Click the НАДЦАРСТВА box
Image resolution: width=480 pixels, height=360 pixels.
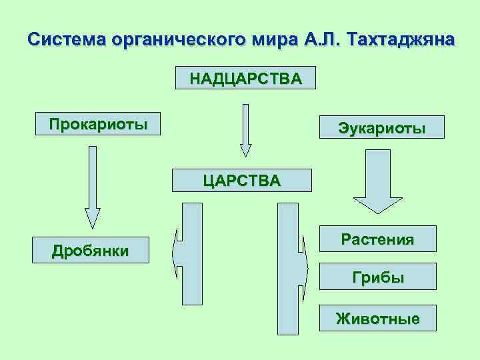[245, 78]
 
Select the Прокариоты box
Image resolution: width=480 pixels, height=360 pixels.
[98, 123]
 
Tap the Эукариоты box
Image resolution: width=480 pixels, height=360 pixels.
[382, 127]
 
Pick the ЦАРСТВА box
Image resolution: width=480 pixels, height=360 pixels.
[241, 180]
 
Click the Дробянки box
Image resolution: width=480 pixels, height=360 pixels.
[91, 251]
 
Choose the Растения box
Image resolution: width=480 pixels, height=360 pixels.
[377, 239]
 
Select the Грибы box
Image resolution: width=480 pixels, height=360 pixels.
[378, 277]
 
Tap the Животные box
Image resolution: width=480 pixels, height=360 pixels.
[377, 318]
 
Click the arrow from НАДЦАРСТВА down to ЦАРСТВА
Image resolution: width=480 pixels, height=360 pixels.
[245, 130]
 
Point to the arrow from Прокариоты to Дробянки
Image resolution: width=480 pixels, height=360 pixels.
[92, 187]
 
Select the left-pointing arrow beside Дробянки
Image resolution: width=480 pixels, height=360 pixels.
[188, 254]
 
